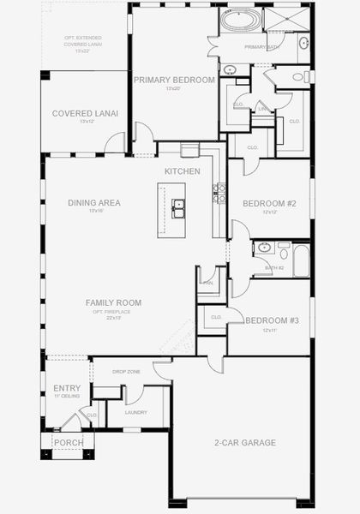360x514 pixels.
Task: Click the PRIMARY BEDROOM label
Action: (174, 80)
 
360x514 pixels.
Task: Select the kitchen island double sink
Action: (180, 206)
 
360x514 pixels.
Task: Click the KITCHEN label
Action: (183, 171)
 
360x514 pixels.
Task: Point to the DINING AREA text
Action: (94, 203)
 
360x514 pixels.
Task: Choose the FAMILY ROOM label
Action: (113, 302)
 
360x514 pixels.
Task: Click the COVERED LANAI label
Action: (85, 113)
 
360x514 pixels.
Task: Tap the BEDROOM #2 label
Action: (269, 203)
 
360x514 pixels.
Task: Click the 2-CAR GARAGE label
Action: (245, 443)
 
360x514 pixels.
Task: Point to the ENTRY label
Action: (67, 388)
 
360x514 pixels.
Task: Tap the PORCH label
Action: (68, 443)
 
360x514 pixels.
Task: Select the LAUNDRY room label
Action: (135, 413)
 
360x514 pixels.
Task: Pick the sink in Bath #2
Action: (265, 248)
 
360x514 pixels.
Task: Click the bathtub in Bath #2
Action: (301, 260)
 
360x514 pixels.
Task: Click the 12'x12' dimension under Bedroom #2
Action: (269, 213)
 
